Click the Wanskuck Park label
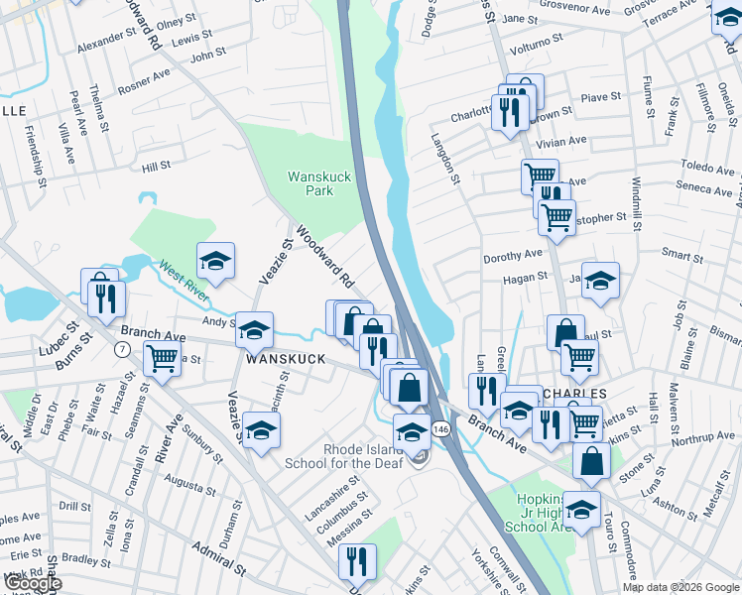click(319, 183)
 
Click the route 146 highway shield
click(441, 428)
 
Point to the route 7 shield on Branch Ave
click(121, 349)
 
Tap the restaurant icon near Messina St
click(357, 560)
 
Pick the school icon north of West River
click(215, 262)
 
